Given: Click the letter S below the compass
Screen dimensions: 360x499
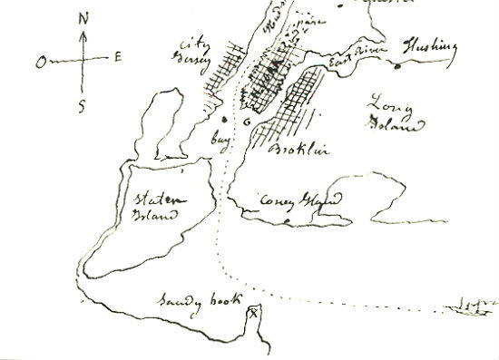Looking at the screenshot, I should [83, 106].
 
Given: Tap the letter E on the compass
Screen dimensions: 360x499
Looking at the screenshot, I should [118, 58].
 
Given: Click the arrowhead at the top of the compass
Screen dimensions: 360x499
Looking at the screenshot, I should [84, 34].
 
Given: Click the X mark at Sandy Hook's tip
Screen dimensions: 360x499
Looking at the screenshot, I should [253, 313].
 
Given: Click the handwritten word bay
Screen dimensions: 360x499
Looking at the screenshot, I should [218, 143].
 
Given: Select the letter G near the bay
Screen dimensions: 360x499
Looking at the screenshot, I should [246, 122].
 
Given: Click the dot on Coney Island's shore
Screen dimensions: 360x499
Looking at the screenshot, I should [288, 220].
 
